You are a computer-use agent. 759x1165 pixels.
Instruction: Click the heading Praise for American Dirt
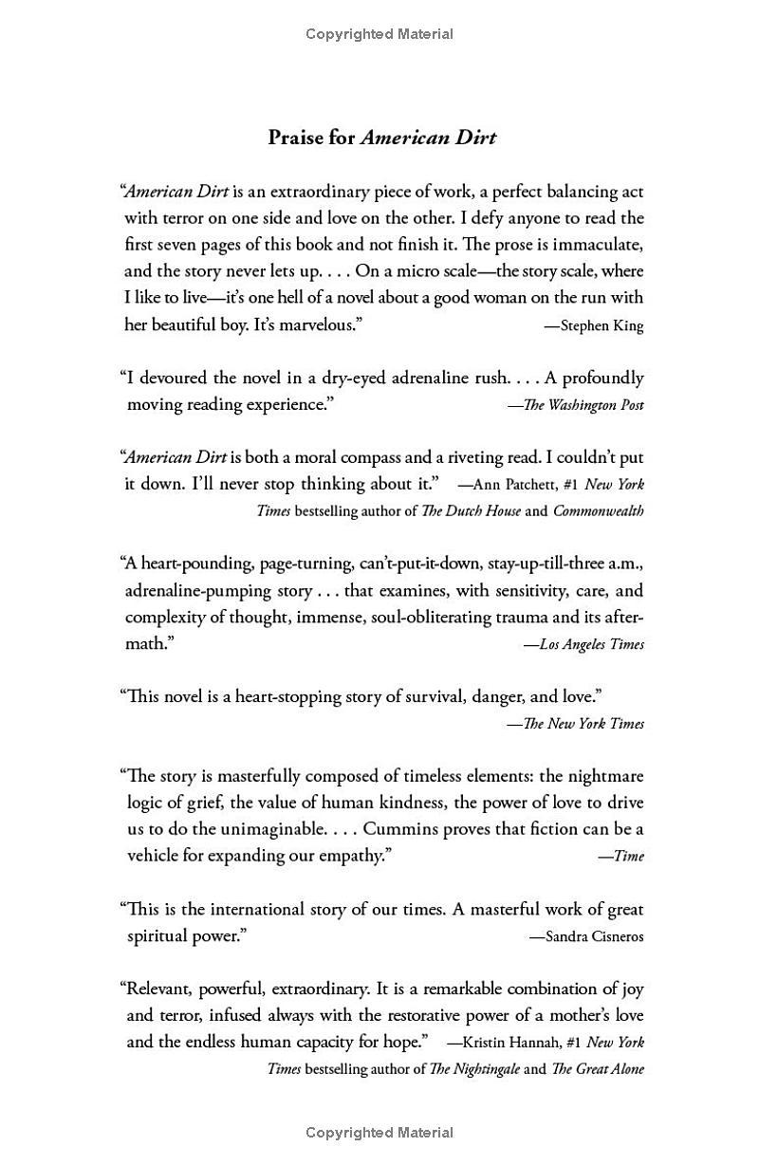tap(381, 138)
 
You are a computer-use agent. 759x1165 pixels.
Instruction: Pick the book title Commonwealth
tap(598, 510)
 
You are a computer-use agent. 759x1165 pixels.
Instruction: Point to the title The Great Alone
tap(598, 1068)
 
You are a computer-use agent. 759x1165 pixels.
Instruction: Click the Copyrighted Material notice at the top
tap(379, 34)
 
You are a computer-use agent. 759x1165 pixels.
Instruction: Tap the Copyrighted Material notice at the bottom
tap(379, 1132)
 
